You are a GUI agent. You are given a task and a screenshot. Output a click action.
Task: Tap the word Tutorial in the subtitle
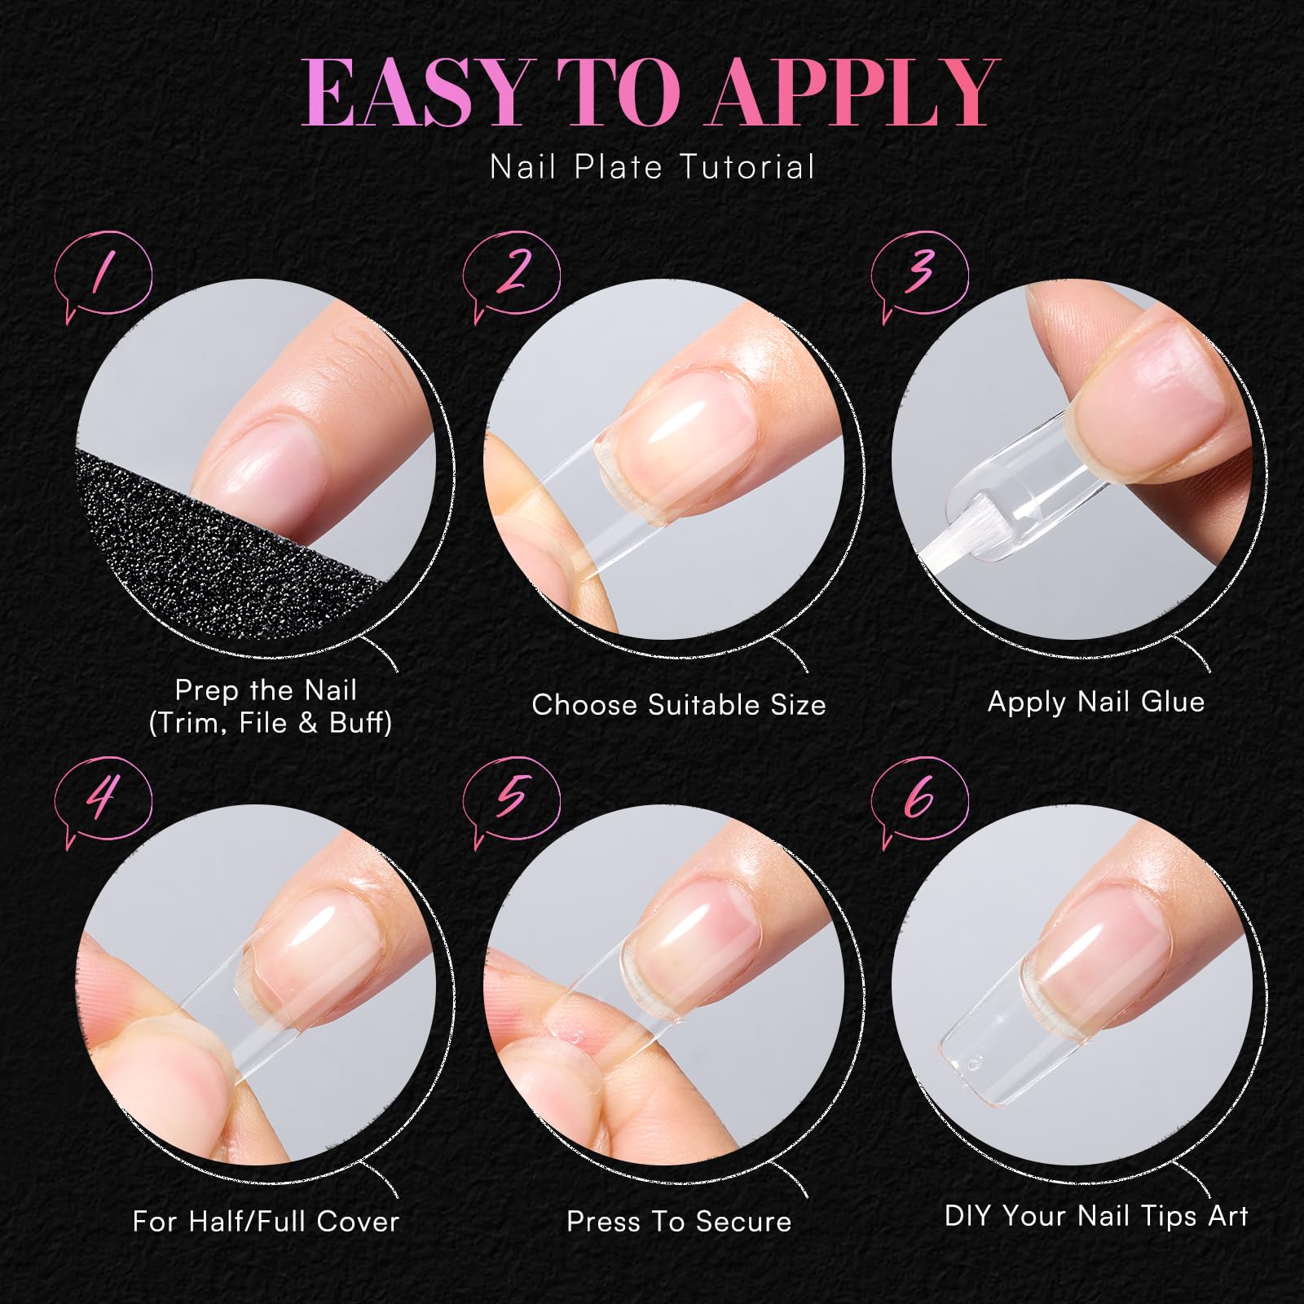(x=747, y=167)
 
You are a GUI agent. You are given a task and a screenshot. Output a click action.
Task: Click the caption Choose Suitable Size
(x=679, y=705)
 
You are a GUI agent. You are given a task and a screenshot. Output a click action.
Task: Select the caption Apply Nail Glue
(x=1096, y=703)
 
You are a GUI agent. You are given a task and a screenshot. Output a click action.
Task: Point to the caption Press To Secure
(x=679, y=1222)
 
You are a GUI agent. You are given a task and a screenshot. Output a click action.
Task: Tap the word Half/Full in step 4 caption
(x=249, y=1222)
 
